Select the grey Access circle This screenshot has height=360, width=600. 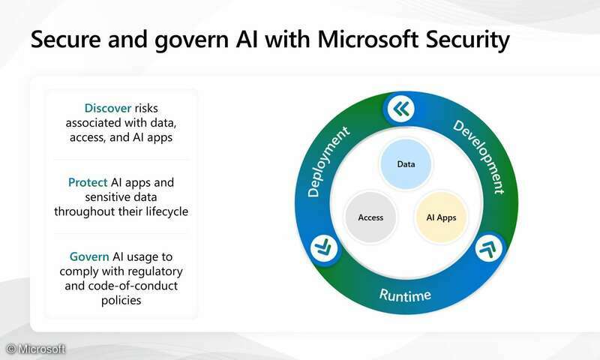(370, 217)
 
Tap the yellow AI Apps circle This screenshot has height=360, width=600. (441, 217)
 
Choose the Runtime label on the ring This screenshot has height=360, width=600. (405, 295)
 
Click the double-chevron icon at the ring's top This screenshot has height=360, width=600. (402, 109)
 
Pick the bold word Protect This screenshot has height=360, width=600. (88, 182)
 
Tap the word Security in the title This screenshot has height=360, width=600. (464, 40)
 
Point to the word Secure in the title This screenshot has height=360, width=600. (65, 40)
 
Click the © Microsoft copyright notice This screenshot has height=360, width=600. (35, 349)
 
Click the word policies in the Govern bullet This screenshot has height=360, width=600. (120, 300)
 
